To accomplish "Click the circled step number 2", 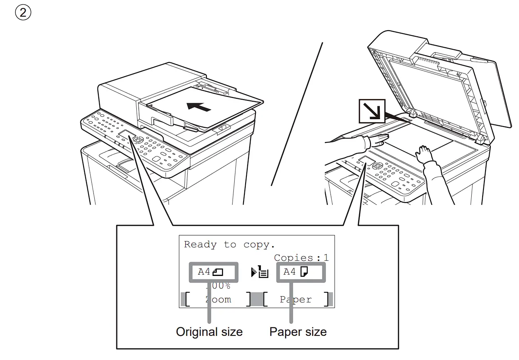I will [23, 13].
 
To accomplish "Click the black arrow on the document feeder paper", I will [199, 107].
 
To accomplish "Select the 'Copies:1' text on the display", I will [301, 258].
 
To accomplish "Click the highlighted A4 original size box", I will [212, 272].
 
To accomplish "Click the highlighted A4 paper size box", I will [301, 272].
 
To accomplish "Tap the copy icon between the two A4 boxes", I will [259, 272].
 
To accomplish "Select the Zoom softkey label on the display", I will [218, 300].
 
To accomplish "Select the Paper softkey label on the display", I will [295, 300].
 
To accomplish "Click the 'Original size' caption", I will [209, 332].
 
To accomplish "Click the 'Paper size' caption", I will [298, 332].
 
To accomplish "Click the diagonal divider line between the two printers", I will [297, 114].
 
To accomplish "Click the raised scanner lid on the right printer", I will [441, 82].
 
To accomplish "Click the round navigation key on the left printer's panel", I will [138, 140].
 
